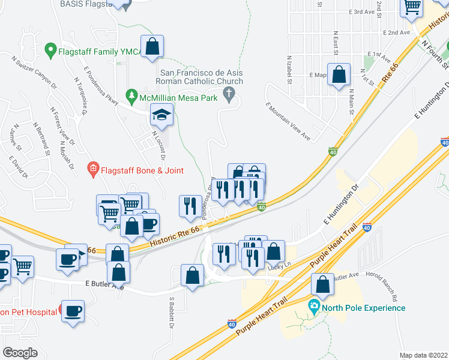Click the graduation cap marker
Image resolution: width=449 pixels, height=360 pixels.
(x=161, y=114)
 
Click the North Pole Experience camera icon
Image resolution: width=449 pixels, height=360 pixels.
(x=313, y=308)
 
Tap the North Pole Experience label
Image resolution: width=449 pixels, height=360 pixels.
(x=363, y=308)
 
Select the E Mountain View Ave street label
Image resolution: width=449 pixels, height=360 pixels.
(x=288, y=122)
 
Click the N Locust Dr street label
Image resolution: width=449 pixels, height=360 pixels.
(x=158, y=145)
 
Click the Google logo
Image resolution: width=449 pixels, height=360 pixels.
(x=20, y=352)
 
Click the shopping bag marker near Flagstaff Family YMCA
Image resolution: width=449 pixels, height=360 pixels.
(x=152, y=45)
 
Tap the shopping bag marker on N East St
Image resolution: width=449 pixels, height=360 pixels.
(x=339, y=74)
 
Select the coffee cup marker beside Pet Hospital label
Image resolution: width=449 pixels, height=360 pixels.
(x=73, y=311)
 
